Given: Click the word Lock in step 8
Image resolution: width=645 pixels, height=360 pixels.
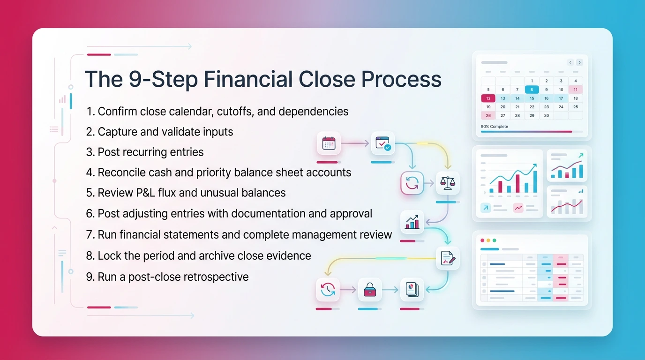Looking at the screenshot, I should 108,256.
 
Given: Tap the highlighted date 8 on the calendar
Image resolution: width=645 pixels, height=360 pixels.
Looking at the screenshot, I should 532,90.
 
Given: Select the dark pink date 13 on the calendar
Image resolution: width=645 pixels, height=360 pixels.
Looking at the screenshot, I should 488,98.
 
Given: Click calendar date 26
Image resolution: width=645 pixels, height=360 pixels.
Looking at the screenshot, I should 488,115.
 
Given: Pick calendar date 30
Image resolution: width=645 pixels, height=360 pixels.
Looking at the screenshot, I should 546,115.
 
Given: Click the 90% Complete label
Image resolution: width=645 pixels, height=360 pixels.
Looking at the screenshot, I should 495,127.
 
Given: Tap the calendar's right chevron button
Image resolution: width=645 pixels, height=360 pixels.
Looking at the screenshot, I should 580,62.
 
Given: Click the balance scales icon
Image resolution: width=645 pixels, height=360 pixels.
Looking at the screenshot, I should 448,183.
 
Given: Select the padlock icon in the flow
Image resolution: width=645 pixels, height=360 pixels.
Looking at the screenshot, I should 370,290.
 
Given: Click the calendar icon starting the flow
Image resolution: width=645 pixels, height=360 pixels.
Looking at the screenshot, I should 329,143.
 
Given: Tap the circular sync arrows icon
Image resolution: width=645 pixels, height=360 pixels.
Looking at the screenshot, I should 412,183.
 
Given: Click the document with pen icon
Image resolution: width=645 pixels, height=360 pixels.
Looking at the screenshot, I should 448,258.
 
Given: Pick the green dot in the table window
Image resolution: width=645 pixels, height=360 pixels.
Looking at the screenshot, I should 494,240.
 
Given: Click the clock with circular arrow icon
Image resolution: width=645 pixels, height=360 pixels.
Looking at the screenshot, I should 328,290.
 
